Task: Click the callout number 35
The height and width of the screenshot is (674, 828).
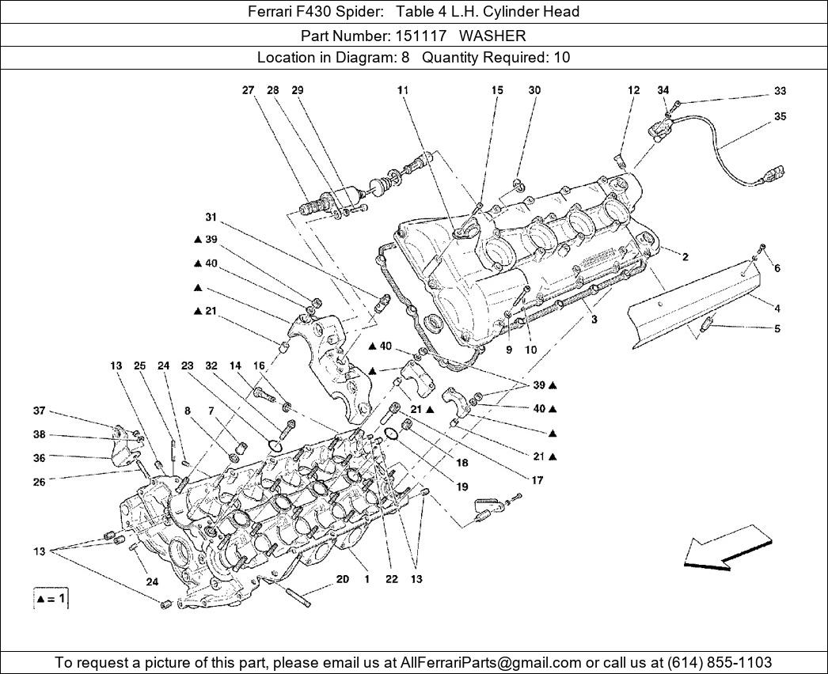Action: pos(780,116)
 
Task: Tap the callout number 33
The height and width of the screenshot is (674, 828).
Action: pos(780,91)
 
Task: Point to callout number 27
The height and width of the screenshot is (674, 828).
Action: pos(248,90)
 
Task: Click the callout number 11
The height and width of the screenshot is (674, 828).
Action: pos(403,90)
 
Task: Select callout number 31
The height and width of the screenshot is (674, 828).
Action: pos(211,218)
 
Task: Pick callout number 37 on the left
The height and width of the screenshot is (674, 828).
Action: pos(39,411)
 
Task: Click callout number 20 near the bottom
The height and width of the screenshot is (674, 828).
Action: pos(342,579)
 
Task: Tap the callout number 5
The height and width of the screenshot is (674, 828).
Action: pos(777,328)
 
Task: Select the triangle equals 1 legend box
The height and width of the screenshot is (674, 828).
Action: pos(51,600)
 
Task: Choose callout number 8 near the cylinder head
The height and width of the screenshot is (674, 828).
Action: pos(188,411)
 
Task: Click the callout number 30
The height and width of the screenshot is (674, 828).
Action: pos(534,90)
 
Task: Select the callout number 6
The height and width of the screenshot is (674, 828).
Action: pos(777,268)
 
